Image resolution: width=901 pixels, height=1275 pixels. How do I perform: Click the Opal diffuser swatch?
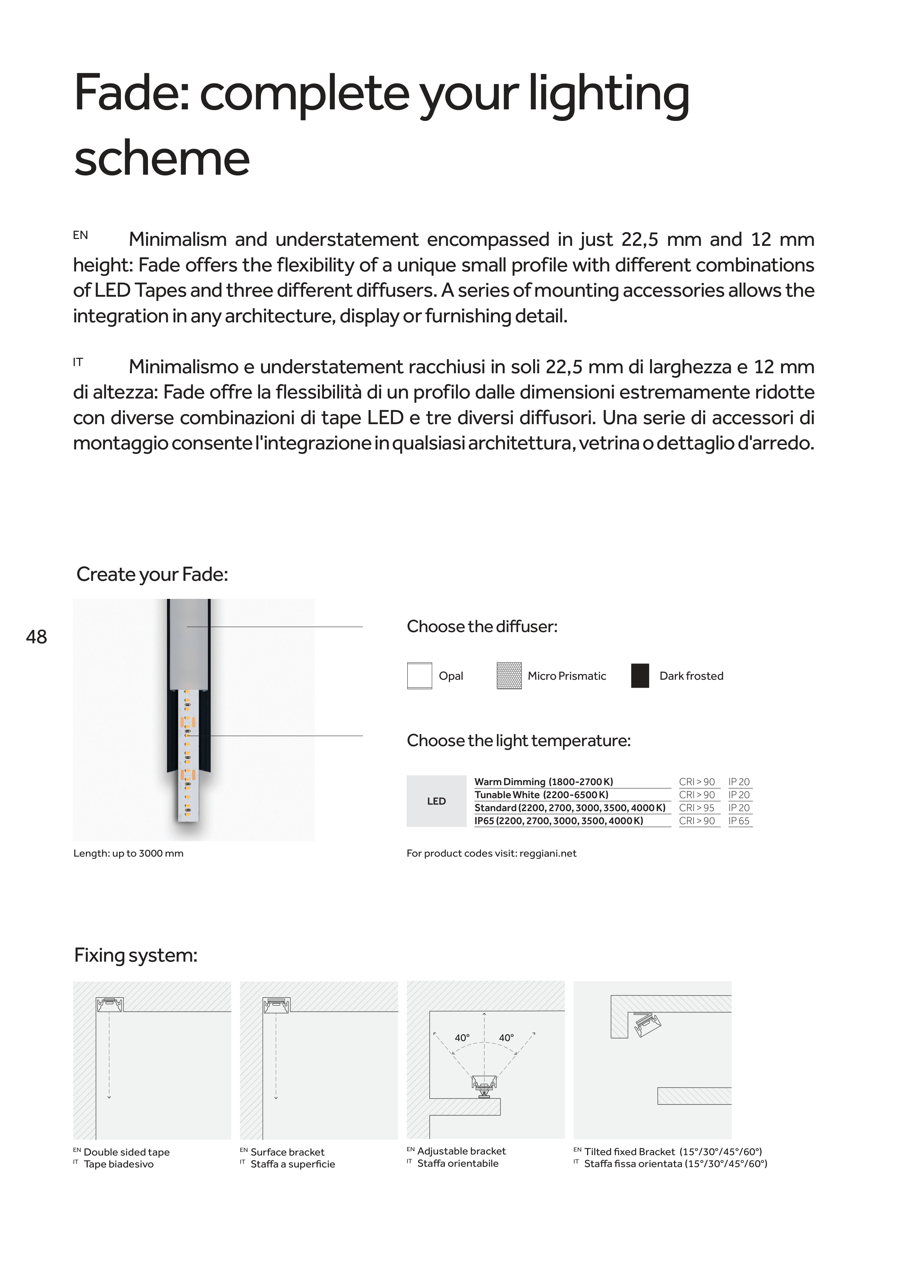(x=419, y=676)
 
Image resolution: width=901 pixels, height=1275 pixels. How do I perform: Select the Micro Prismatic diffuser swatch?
(x=509, y=676)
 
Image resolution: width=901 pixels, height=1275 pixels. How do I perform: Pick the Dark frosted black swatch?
(x=640, y=676)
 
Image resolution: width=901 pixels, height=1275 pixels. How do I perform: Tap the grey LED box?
(x=436, y=801)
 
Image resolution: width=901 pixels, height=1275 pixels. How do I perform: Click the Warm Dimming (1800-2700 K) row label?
(x=543, y=782)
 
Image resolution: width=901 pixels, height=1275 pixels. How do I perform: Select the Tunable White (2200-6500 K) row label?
(x=541, y=795)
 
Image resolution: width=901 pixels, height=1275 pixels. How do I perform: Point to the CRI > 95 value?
(x=697, y=808)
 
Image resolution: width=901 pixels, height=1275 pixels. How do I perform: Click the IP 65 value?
(x=739, y=821)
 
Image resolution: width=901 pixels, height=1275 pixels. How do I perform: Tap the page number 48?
(x=37, y=637)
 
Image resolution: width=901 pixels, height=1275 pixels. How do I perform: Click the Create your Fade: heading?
(x=152, y=574)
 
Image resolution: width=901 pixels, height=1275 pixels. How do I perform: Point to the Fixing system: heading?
(x=136, y=955)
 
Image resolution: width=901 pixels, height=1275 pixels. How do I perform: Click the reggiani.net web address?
(x=548, y=853)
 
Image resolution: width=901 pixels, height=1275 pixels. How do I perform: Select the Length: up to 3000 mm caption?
(x=128, y=853)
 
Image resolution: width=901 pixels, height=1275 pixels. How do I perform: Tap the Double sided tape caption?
(x=127, y=1152)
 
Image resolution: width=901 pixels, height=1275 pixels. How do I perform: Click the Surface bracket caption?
(x=288, y=1152)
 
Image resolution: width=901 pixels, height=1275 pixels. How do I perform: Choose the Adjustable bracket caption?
(x=462, y=1151)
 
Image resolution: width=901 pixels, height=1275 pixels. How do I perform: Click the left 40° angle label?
(x=462, y=1038)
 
